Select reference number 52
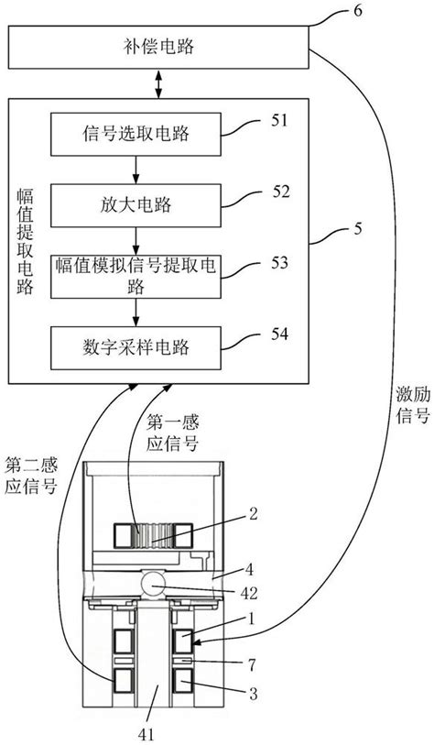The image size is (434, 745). pyautogui.click(x=281, y=192)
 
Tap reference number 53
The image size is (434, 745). pyautogui.click(x=281, y=264)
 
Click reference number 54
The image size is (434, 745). pyautogui.click(x=281, y=335)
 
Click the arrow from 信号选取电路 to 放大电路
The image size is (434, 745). pyautogui.click(x=136, y=169)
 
